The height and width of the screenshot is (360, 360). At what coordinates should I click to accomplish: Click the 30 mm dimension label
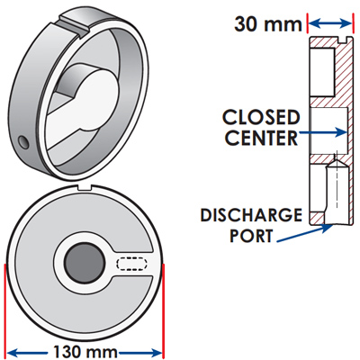point(268,24)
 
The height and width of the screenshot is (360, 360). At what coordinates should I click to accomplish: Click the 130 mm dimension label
point(85,352)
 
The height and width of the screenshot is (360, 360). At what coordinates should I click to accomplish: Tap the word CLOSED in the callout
point(261,117)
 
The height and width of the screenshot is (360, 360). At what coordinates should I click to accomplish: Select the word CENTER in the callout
point(261,138)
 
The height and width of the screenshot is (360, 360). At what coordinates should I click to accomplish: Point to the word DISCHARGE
point(251,215)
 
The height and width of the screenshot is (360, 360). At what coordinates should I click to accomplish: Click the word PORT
point(251,235)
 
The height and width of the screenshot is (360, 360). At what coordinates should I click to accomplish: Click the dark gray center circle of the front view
point(85,263)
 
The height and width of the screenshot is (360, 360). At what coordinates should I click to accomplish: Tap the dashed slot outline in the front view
point(132,264)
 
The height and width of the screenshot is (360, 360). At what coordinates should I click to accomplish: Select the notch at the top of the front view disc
point(85,187)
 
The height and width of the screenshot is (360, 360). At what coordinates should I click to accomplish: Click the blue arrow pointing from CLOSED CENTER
point(323,132)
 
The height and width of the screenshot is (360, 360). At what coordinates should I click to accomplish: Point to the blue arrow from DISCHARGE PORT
point(304,233)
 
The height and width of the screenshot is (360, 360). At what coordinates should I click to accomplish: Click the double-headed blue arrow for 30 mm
point(329,23)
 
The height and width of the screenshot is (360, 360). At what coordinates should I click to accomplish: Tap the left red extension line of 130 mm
point(5,310)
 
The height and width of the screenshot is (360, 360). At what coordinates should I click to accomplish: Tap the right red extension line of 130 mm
point(163,310)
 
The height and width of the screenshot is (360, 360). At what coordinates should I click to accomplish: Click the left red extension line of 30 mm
point(308,22)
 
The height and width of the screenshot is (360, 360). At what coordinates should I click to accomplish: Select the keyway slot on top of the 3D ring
point(74,22)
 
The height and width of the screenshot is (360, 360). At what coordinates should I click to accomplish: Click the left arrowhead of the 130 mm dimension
point(12,352)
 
